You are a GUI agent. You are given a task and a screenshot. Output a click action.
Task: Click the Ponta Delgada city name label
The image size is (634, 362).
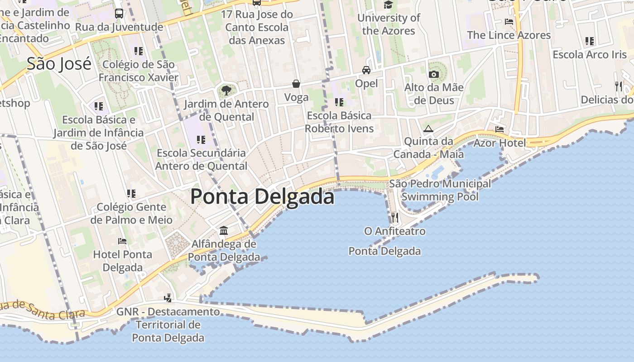click(262, 197)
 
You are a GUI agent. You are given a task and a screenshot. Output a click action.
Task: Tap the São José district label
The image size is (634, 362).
click(59, 64)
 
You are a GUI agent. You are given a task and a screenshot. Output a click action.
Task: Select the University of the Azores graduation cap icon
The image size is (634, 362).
click(388, 5)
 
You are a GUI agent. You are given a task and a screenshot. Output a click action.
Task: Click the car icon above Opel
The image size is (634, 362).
click(366, 70)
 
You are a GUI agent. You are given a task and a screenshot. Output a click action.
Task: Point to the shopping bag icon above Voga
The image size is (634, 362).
click(296, 84)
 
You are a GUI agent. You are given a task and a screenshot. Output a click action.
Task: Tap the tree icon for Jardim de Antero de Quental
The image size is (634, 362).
click(226, 90)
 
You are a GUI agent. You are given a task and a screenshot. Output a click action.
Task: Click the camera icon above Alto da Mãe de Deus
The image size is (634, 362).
click(434, 74)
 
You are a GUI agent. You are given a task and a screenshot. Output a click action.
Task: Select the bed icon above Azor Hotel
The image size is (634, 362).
click(500, 129)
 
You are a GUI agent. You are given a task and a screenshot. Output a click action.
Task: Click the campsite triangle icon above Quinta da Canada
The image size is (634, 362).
click(428, 129)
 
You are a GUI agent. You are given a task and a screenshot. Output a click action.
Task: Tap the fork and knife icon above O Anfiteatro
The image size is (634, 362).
click(395, 218)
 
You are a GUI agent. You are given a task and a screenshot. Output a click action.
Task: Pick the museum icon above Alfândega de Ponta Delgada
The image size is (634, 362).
click(224, 231)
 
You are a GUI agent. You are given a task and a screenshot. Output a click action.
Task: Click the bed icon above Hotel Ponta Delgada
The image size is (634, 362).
click(122, 241)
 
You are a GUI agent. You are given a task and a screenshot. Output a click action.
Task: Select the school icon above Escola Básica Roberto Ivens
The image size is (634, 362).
click(339, 102)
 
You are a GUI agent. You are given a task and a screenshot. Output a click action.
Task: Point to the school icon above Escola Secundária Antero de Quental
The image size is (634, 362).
click(201, 140)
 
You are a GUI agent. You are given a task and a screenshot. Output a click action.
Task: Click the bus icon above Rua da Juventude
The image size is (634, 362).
click(119, 14)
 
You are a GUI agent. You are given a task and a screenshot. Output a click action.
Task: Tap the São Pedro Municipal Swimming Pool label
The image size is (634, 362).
click(440, 190)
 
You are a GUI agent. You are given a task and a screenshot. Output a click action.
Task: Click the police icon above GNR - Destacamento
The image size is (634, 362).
click(168, 298)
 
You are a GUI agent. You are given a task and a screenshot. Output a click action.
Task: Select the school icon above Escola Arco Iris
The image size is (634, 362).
click(590, 41)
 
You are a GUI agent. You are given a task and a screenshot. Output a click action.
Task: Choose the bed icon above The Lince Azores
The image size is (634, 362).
click(509, 22)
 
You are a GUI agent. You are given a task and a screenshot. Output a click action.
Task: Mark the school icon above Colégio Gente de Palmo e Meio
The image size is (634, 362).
click(131, 194)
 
